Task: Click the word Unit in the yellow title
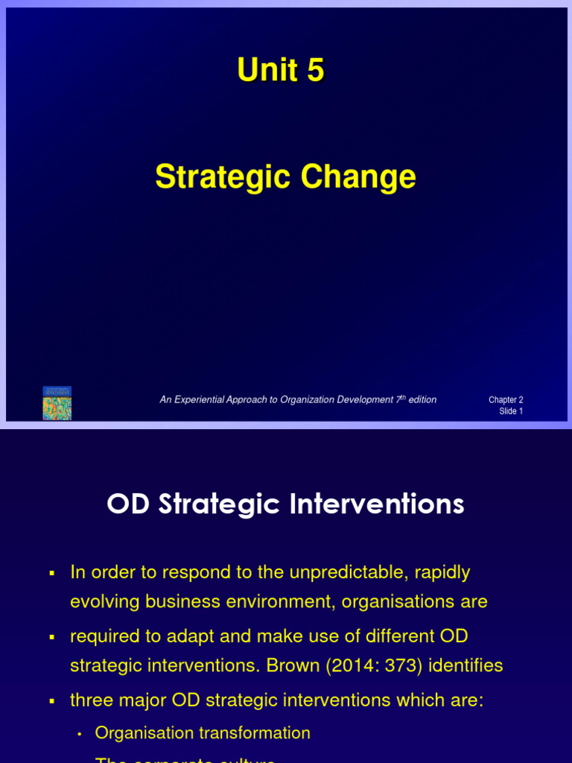[264, 71]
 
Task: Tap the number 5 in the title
[315, 71]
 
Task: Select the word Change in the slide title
[358, 177]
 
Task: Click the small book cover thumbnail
[57, 403]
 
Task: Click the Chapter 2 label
[506, 400]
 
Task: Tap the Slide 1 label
[511, 411]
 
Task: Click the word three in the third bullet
[90, 700]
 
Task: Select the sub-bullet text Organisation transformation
[203, 732]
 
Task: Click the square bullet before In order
[52, 573]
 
